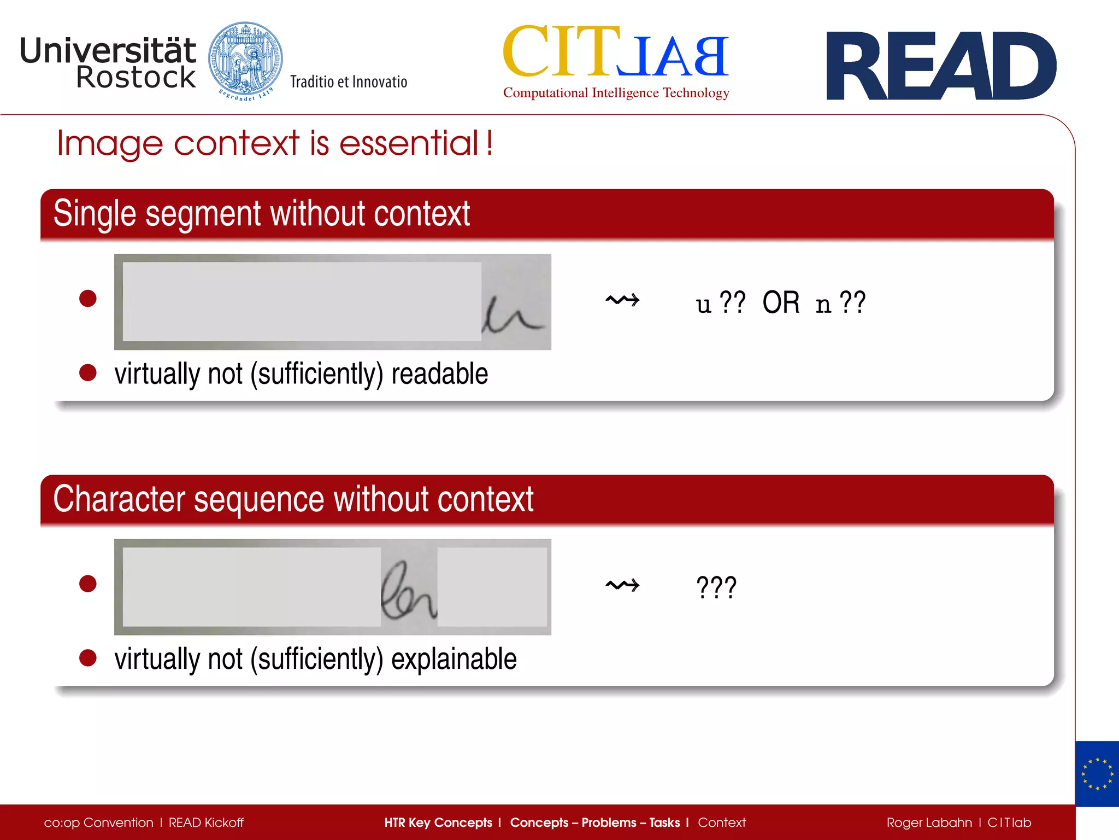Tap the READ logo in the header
(x=941, y=66)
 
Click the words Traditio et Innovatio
(x=349, y=82)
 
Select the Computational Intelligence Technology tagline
(x=616, y=93)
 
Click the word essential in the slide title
(x=409, y=143)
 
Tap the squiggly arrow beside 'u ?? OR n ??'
(x=622, y=300)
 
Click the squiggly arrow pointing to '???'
(x=622, y=585)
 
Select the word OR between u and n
(x=781, y=302)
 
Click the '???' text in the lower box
(x=716, y=587)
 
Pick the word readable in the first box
(x=439, y=374)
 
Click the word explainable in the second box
(x=454, y=659)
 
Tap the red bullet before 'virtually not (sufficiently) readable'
(x=88, y=373)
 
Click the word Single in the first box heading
(x=95, y=213)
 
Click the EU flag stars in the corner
(x=1097, y=774)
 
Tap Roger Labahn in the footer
(x=929, y=822)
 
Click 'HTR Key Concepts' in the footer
(x=438, y=822)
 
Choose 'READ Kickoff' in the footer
(x=206, y=822)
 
